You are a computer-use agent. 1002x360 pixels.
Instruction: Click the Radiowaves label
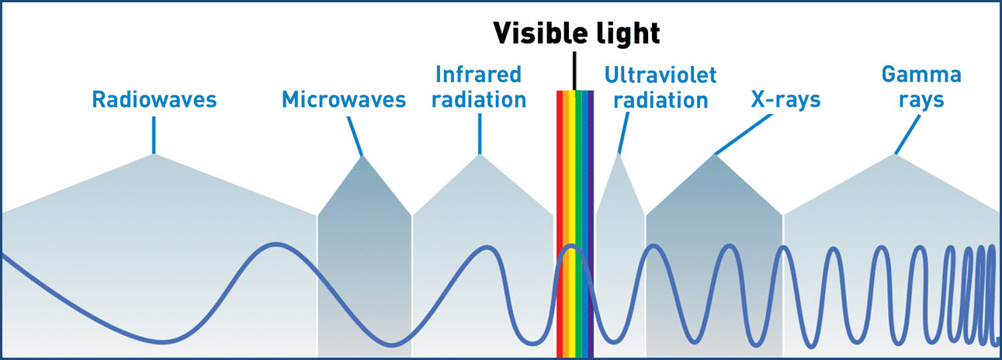coord(154,99)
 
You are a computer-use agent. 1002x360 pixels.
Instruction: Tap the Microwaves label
coord(344,99)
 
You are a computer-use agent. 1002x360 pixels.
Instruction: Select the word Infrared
coord(479,74)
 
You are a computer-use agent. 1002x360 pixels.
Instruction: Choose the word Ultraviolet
coord(660,75)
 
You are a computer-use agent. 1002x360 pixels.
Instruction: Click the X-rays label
coord(785,100)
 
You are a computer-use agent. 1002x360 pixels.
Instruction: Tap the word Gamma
coord(921,74)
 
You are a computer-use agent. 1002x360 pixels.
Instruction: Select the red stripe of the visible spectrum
coord(560,223)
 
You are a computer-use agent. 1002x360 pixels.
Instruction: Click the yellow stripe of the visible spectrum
coord(572,223)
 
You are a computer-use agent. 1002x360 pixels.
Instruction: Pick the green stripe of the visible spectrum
coord(578,223)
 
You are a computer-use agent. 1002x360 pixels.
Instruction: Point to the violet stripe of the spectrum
coord(591,223)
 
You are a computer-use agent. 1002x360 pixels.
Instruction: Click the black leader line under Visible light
coord(574,71)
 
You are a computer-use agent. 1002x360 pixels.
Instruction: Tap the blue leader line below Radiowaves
coord(154,135)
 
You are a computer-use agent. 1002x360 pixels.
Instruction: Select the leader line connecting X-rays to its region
coord(744,134)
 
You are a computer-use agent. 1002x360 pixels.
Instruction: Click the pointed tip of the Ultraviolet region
coord(619,154)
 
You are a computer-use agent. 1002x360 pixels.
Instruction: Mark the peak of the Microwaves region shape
coord(362,157)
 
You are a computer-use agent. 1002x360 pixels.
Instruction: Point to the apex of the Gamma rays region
coord(895,154)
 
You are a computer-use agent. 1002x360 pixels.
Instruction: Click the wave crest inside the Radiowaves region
coord(277,244)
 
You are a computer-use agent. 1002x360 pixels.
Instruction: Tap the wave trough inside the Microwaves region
coord(392,344)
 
